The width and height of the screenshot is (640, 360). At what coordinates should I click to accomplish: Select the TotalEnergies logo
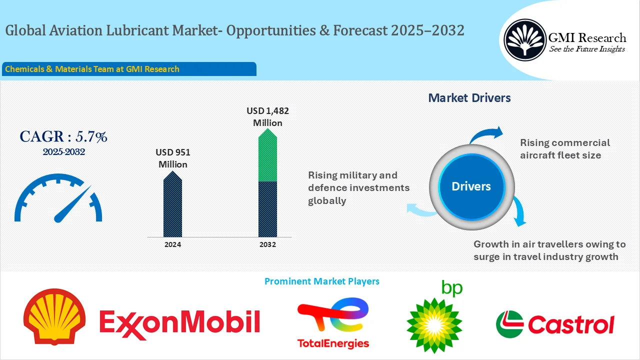333,323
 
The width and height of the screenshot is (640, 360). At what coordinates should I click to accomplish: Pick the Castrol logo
554,324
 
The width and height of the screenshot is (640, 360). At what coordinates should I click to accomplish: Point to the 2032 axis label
267,244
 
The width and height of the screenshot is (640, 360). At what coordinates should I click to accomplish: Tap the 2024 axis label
172,244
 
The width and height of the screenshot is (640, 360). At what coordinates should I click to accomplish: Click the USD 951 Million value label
172,158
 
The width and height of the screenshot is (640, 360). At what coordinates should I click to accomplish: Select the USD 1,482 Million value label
267,116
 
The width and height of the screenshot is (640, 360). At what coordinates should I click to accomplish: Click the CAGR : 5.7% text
63,136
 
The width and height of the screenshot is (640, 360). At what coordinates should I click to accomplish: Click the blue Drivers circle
471,186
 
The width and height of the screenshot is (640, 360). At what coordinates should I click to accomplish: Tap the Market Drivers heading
469,98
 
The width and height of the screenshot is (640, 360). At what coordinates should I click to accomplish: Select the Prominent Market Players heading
321,281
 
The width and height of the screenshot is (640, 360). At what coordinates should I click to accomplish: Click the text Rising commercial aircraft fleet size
565,149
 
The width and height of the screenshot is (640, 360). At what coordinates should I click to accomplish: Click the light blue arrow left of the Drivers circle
420,210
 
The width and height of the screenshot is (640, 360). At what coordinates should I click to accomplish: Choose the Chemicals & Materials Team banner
129,69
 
